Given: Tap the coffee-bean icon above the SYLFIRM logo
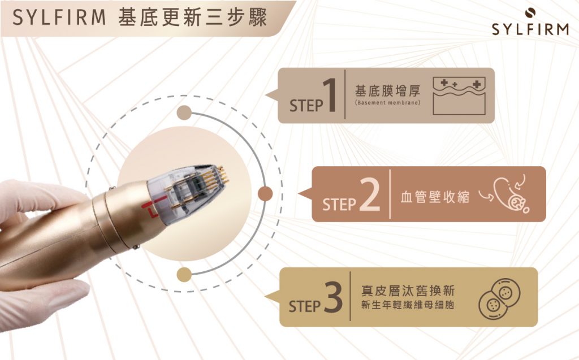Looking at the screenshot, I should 530,12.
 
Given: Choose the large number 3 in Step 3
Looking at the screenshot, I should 334,297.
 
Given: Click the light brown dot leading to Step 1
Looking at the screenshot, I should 183,112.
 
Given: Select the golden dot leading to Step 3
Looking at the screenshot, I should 183,275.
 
